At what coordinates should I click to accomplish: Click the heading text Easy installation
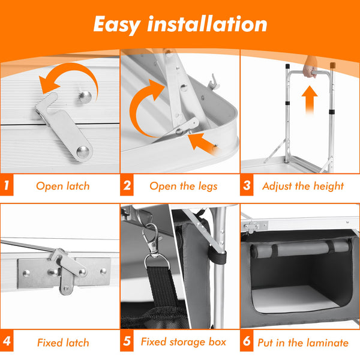[x=180, y=25]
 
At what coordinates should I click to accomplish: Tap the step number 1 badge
[x=7, y=185]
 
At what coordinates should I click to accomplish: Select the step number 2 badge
[x=127, y=185]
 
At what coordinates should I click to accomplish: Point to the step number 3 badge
[x=247, y=185]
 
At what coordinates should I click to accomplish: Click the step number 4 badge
[x=7, y=341]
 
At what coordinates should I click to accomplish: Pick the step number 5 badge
[x=127, y=341]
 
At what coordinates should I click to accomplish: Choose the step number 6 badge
[x=247, y=341]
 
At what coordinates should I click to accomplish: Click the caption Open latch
[x=63, y=186]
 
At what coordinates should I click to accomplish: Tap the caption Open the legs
[x=184, y=186]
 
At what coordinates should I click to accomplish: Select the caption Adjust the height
[x=303, y=186]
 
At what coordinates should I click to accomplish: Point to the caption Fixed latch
[x=63, y=343]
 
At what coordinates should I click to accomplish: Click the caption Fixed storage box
[x=184, y=341]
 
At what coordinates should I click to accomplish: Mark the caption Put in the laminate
[x=303, y=343]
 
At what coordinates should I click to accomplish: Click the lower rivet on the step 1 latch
[x=83, y=151]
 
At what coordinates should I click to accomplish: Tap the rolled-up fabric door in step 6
[x=301, y=248]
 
